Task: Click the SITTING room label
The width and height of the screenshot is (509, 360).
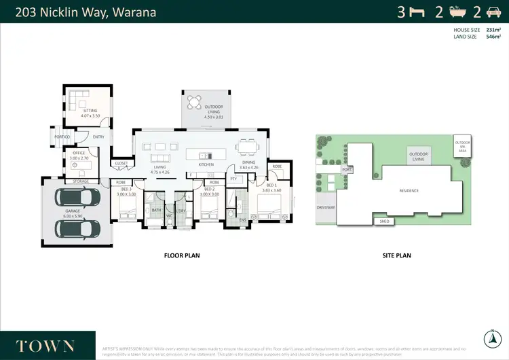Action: click(x=90, y=111)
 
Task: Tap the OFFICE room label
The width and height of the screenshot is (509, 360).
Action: click(x=79, y=154)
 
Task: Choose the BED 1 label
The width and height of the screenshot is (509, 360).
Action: click(x=271, y=185)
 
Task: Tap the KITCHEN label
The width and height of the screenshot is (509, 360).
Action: click(x=206, y=164)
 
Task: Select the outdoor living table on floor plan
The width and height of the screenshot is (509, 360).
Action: click(x=195, y=103)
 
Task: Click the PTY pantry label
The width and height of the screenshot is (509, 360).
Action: click(x=233, y=179)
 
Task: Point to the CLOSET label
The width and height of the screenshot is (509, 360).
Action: click(x=121, y=163)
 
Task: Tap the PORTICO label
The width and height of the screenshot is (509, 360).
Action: click(x=62, y=137)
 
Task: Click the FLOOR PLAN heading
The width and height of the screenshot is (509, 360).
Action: click(x=182, y=256)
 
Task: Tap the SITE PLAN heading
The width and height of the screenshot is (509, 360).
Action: click(x=397, y=256)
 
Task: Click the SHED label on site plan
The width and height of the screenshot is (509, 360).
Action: click(x=383, y=220)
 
